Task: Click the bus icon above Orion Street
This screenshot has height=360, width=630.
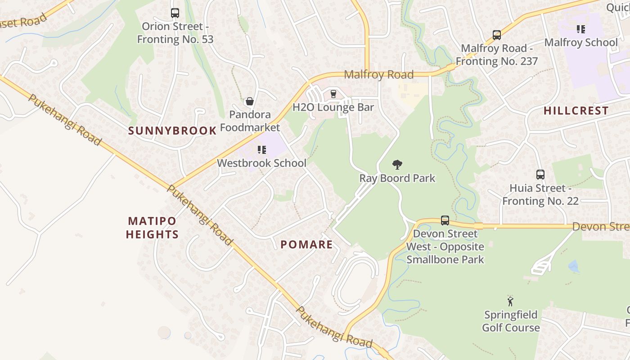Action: [x=175, y=13]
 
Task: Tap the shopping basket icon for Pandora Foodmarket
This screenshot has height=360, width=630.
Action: [x=250, y=101]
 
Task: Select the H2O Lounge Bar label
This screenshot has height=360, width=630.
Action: [x=333, y=107]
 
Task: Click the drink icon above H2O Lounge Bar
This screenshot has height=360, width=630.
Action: [x=333, y=94]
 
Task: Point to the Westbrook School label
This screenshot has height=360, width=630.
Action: [x=261, y=163]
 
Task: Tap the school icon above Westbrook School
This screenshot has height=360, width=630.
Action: [x=261, y=149]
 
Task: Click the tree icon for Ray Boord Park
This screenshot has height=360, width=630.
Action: [x=397, y=165]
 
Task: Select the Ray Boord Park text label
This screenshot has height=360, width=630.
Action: [x=397, y=178]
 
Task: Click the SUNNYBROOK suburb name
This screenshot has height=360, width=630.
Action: [x=172, y=131]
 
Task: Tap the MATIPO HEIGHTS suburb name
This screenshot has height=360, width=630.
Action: [x=152, y=228]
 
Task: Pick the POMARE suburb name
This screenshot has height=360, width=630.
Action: [x=306, y=245]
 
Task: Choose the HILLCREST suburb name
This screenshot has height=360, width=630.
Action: [x=576, y=111]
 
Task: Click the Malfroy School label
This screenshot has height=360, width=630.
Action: [x=580, y=42]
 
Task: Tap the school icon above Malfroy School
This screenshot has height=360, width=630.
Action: [x=581, y=29]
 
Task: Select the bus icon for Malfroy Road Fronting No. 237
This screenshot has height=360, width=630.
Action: [x=496, y=35]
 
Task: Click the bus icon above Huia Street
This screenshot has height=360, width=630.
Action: [x=540, y=175]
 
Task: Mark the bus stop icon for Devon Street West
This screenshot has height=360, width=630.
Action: [x=445, y=220]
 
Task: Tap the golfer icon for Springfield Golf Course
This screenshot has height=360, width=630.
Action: [x=510, y=301]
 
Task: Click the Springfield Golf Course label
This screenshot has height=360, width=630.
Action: [x=511, y=321]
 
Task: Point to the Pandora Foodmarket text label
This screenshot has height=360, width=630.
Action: [x=250, y=121]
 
